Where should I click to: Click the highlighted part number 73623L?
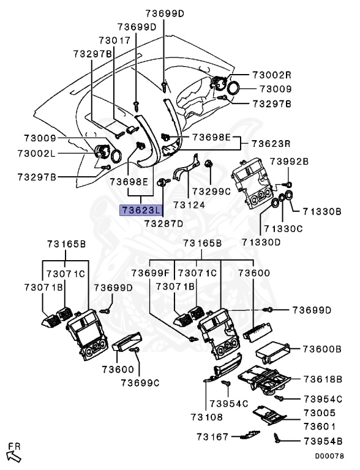(x=141, y=210)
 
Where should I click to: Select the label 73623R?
(x=271, y=143)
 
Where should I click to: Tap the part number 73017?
(x=114, y=40)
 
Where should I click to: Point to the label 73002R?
(x=272, y=75)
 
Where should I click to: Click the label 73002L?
(x=37, y=154)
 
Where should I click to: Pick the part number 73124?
(x=189, y=205)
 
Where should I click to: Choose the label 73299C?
(x=211, y=191)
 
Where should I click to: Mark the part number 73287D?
(x=163, y=223)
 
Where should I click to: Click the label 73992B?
(x=289, y=162)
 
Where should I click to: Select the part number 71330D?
(x=261, y=242)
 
